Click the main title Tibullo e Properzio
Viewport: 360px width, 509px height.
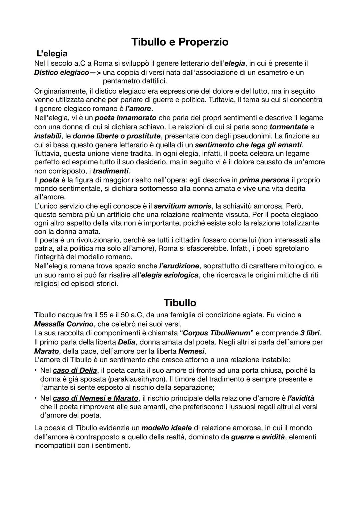(x=180, y=42)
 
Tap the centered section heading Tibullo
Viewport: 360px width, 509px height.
(x=180, y=302)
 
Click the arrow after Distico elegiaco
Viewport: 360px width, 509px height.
(x=95, y=72)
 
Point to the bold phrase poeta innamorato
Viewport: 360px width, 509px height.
(x=125, y=118)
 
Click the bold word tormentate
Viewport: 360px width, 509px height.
(x=289, y=127)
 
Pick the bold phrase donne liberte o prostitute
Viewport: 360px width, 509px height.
(x=117, y=136)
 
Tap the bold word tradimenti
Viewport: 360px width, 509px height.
(x=111, y=171)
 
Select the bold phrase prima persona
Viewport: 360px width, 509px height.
(x=264, y=180)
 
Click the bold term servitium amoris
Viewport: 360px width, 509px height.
(x=183, y=206)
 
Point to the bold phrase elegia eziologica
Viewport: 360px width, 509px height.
(x=170, y=275)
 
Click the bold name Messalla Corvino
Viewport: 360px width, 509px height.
(x=64, y=324)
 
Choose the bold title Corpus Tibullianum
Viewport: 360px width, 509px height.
(x=217, y=333)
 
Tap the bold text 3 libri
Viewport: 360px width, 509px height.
(x=310, y=333)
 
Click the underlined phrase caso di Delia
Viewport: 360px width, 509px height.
(x=75, y=370)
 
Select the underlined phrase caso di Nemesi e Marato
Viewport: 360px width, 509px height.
(x=96, y=398)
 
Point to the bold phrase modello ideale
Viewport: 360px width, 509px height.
(x=166, y=428)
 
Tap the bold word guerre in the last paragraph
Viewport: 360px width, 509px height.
(x=242, y=437)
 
